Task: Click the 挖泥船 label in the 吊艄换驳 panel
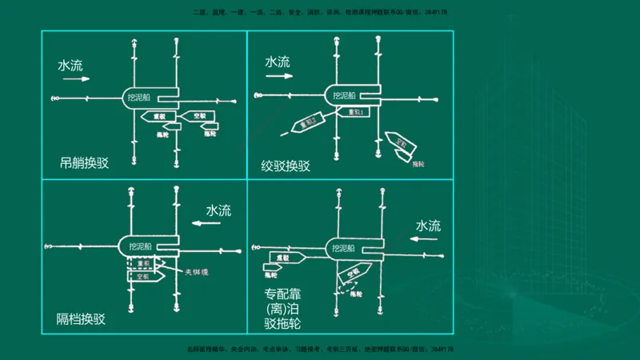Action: click(x=141, y=98)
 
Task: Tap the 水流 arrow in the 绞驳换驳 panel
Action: click(x=279, y=77)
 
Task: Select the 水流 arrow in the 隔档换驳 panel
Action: click(x=210, y=225)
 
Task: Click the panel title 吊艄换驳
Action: click(x=84, y=163)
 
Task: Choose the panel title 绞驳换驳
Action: click(x=286, y=166)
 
